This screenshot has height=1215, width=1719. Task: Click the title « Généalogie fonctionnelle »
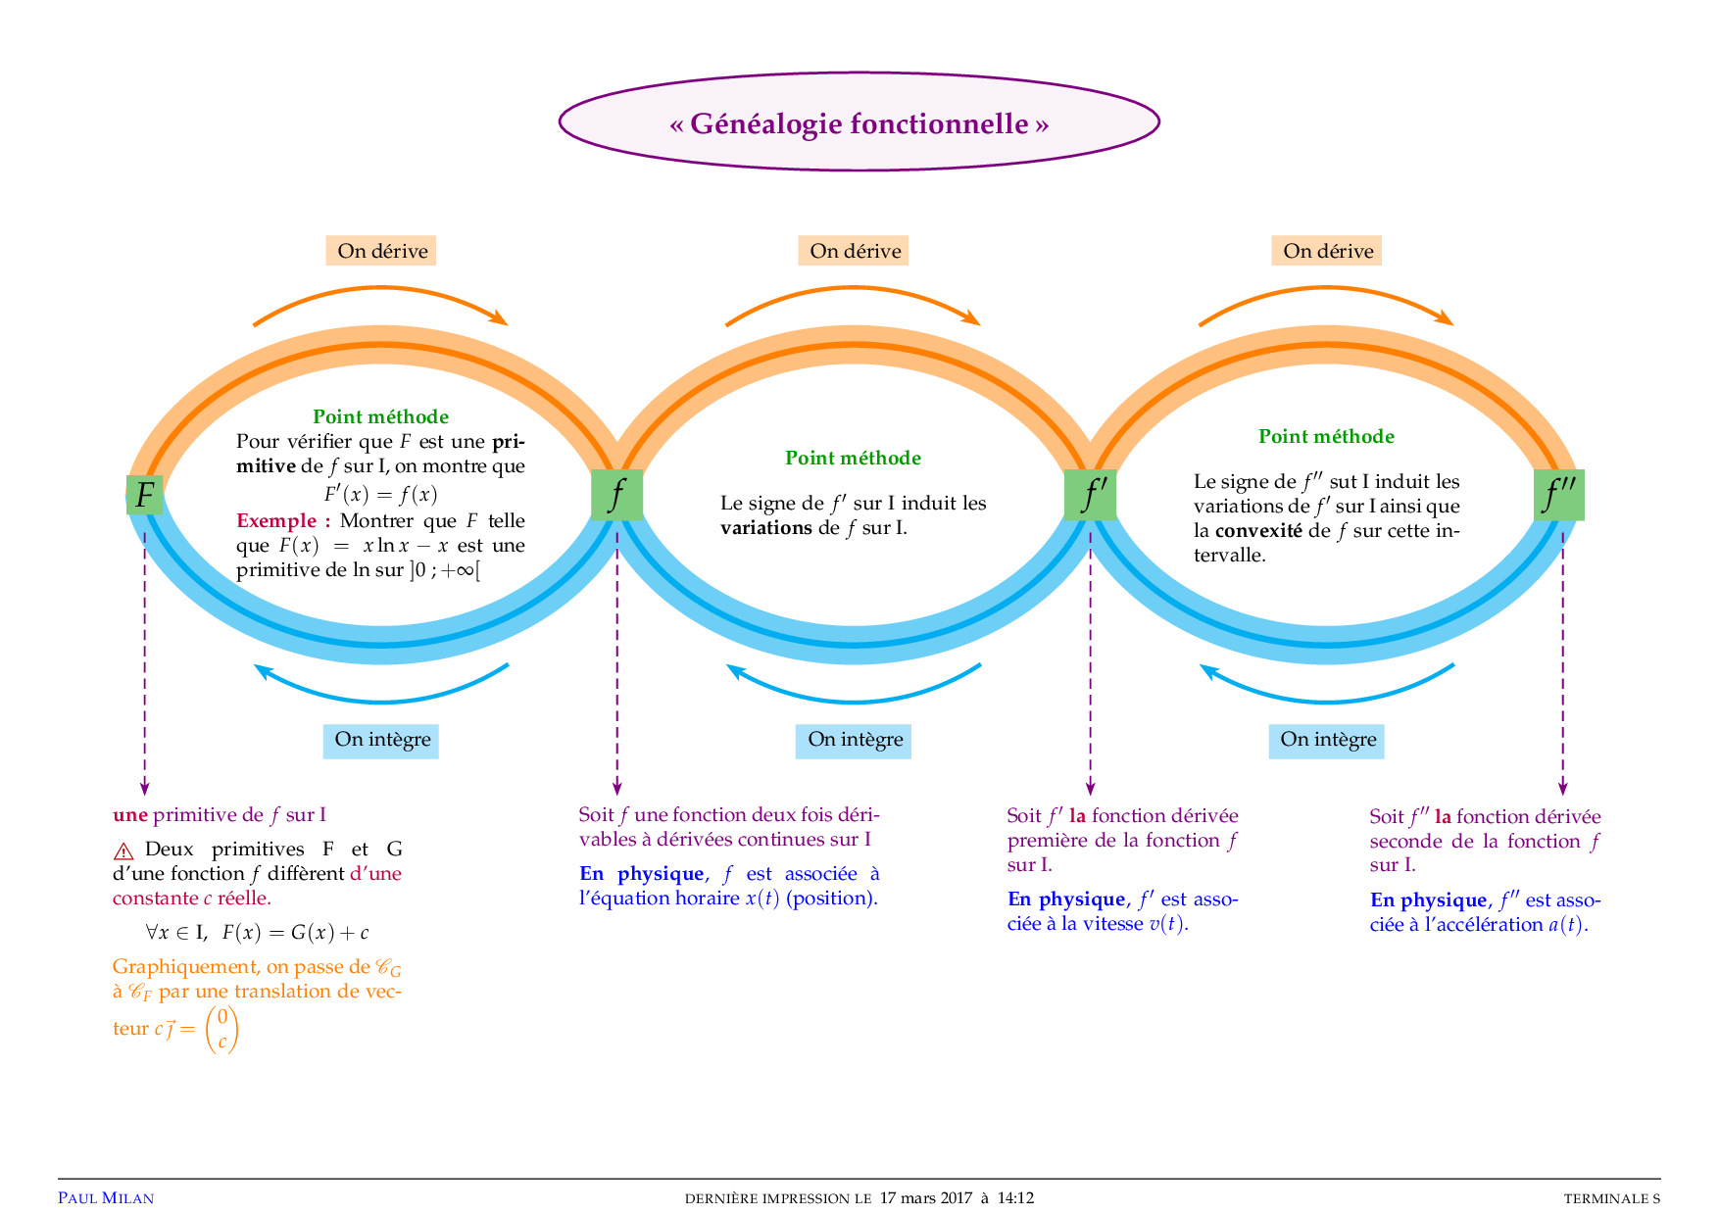click(x=859, y=123)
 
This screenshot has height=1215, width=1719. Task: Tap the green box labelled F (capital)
click(x=145, y=495)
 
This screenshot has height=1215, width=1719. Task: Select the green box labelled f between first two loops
click(x=616, y=495)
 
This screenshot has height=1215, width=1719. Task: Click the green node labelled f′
click(x=1090, y=495)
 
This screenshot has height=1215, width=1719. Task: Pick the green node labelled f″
click(x=1558, y=495)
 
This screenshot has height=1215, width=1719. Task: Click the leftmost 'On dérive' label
click(x=381, y=251)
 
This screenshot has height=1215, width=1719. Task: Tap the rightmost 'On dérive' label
click(x=1327, y=251)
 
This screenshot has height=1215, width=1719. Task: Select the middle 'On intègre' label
click(x=854, y=740)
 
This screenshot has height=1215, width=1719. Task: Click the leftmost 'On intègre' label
click(x=381, y=740)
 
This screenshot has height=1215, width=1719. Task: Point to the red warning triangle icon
click(x=124, y=850)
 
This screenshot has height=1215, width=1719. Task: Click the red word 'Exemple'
click(x=276, y=520)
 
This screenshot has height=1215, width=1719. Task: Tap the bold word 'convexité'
click(x=1258, y=531)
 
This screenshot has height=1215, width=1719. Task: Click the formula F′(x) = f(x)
click(x=381, y=494)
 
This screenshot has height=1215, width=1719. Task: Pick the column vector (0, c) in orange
click(x=222, y=1029)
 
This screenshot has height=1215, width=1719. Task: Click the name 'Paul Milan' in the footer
click(x=106, y=1198)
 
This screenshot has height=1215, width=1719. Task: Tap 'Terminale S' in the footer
click(x=1611, y=1198)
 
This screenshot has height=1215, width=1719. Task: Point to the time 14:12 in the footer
click(x=1015, y=1198)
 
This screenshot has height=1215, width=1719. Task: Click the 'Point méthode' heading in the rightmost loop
click(x=1326, y=437)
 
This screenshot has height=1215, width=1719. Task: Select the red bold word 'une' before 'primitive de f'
click(x=130, y=815)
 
